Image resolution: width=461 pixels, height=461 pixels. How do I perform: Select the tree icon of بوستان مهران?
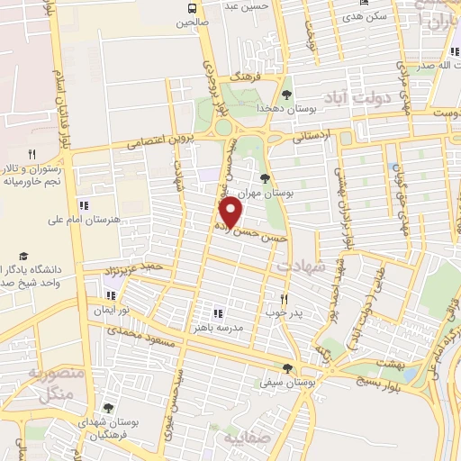point(264,177)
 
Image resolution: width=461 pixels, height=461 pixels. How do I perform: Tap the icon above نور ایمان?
point(111,294)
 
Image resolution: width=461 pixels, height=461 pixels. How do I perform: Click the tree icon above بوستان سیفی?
point(287,368)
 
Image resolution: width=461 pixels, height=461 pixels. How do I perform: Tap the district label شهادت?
point(299,267)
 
